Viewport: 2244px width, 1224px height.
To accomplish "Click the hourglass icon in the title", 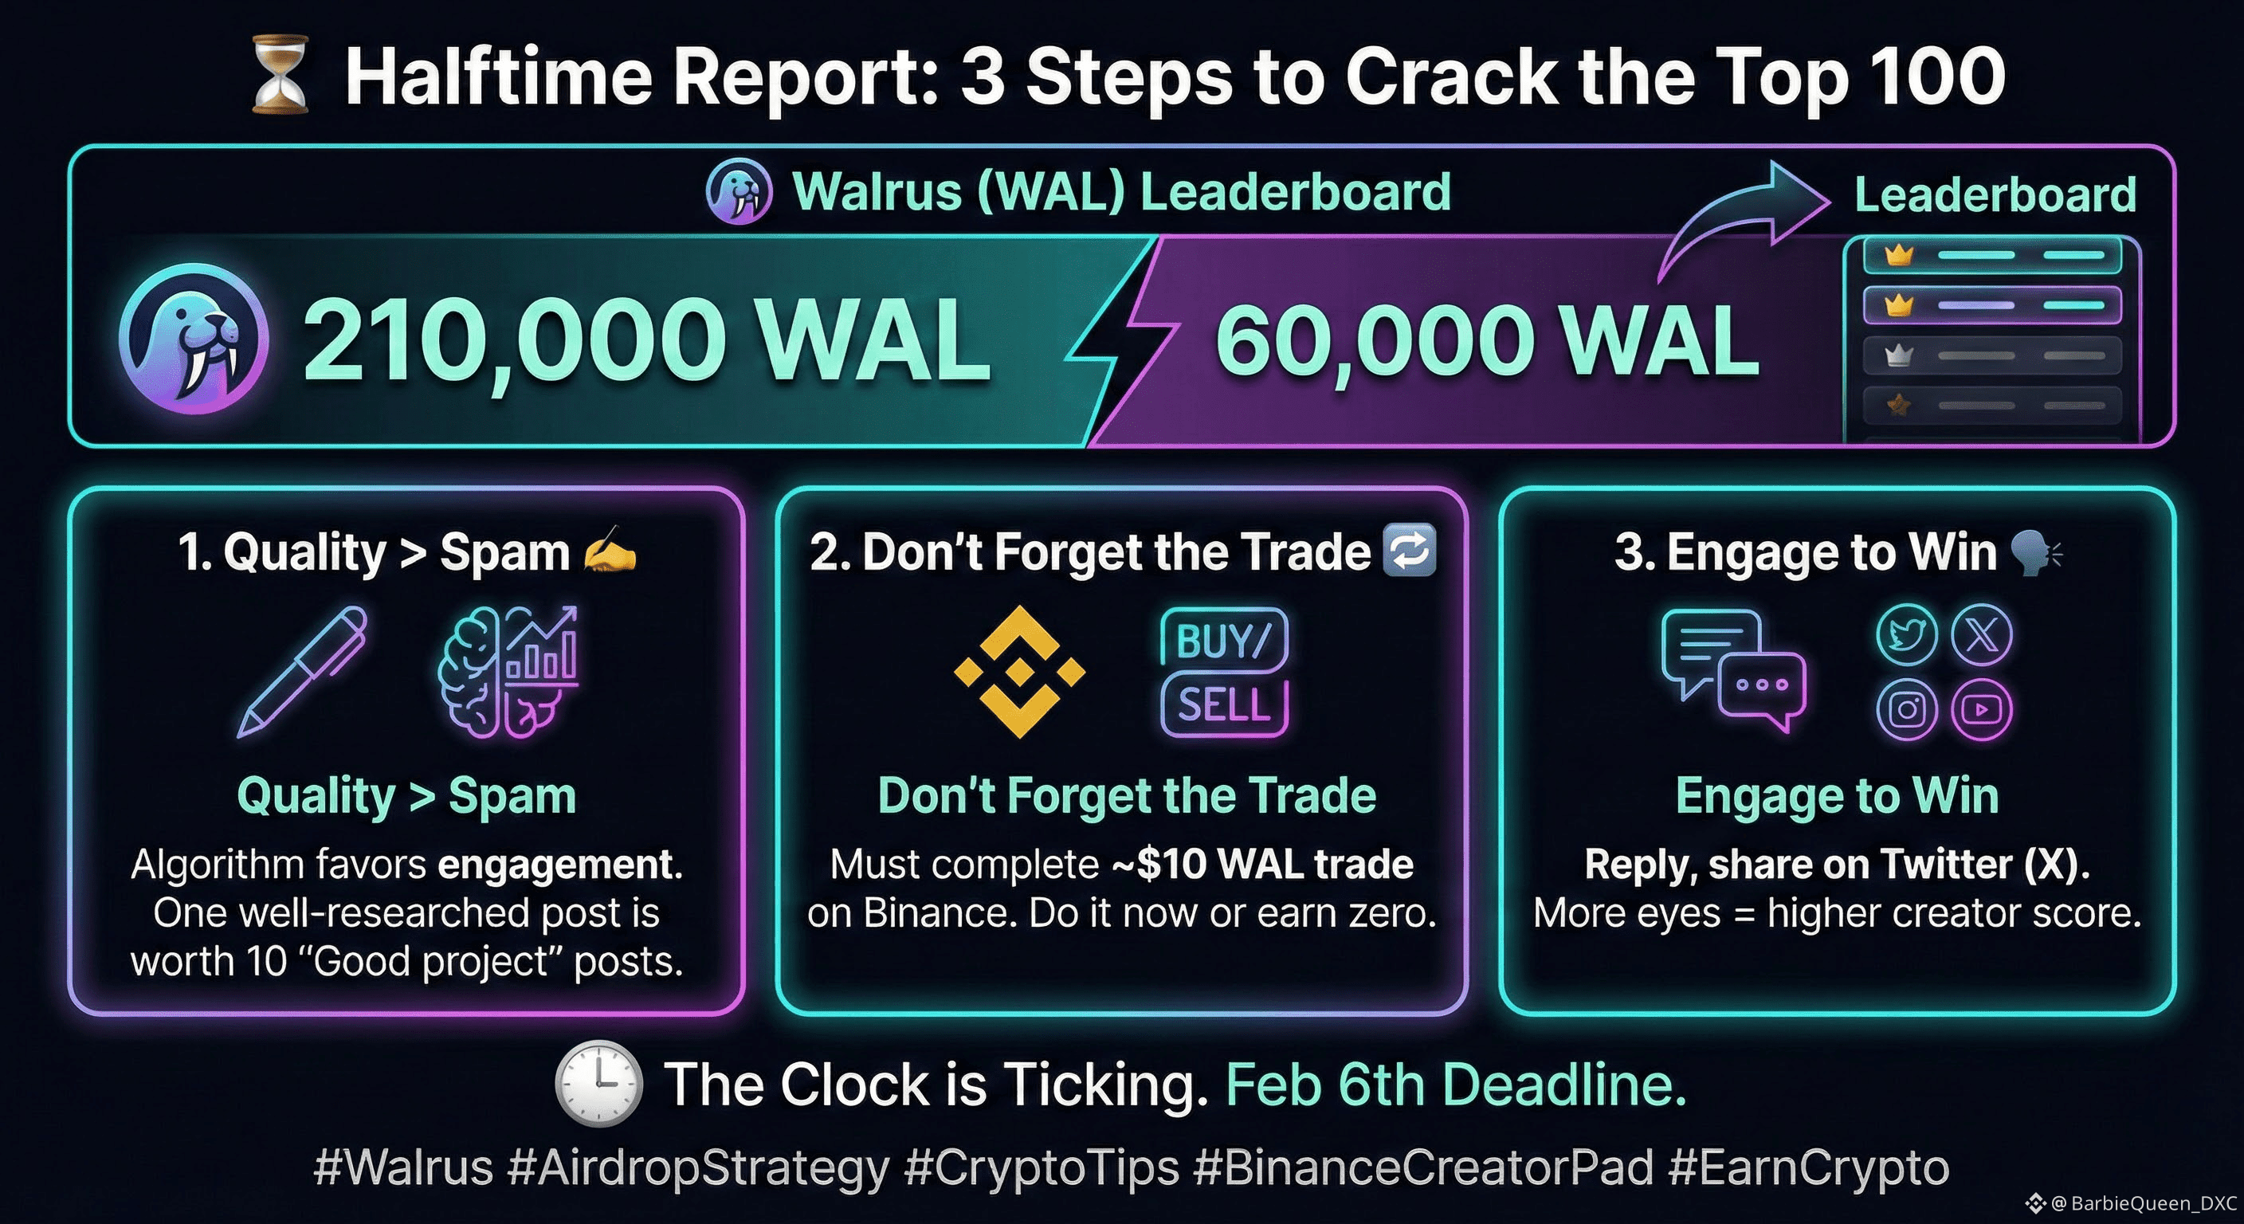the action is (x=280, y=74).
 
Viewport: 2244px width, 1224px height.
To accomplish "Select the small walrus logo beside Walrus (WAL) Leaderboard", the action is (x=739, y=192).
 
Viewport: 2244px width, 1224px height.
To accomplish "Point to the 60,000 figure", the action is (x=1375, y=343).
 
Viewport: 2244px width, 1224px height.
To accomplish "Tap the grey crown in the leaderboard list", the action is (x=1897, y=355).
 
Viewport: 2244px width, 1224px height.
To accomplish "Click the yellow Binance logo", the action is (x=1019, y=672).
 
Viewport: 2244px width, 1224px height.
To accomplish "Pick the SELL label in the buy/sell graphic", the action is (x=1224, y=704).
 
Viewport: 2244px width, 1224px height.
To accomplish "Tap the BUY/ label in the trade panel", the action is (x=1224, y=641).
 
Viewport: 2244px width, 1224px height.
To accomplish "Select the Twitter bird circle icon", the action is (x=1907, y=634).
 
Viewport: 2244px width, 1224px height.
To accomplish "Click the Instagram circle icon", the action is (x=1907, y=709).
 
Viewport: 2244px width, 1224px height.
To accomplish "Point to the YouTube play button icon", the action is (x=1982, y=709).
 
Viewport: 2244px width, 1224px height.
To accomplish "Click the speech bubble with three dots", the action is (x=1761, y=690).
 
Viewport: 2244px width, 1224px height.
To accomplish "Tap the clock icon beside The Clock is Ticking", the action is (x=599, y=1084).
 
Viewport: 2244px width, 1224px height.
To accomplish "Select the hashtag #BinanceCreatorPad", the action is (x=1423, y=1167).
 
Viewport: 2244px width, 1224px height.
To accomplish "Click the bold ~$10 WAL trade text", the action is (x=1262, y=864).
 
